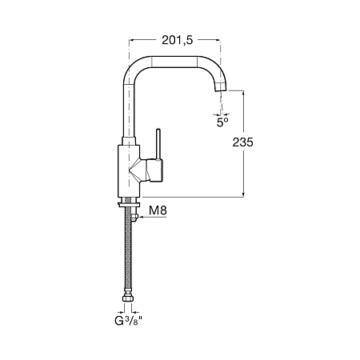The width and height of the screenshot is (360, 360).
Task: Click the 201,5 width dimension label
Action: point(177,40)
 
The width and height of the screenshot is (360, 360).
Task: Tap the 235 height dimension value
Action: point(242,142)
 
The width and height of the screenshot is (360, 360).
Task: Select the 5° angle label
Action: point(222,122)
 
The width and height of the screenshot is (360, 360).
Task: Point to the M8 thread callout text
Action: point(158,210)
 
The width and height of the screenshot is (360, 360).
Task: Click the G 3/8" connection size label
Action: point(127,321)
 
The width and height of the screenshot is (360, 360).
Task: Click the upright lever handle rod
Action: point(158,145)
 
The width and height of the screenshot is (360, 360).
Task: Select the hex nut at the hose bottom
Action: point(128,298)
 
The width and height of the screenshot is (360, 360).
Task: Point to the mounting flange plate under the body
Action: point(129,205)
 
